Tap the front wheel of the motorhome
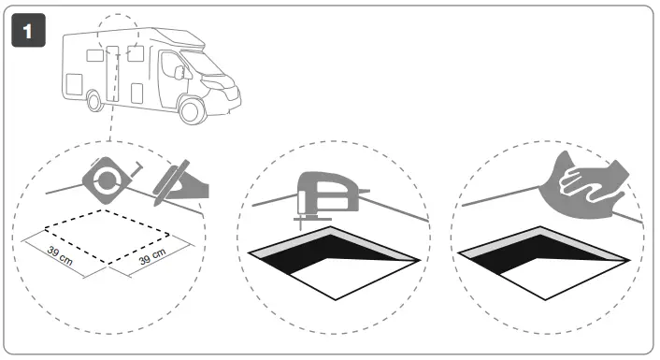pos(191,110)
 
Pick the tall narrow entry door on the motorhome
pos(113,70)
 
